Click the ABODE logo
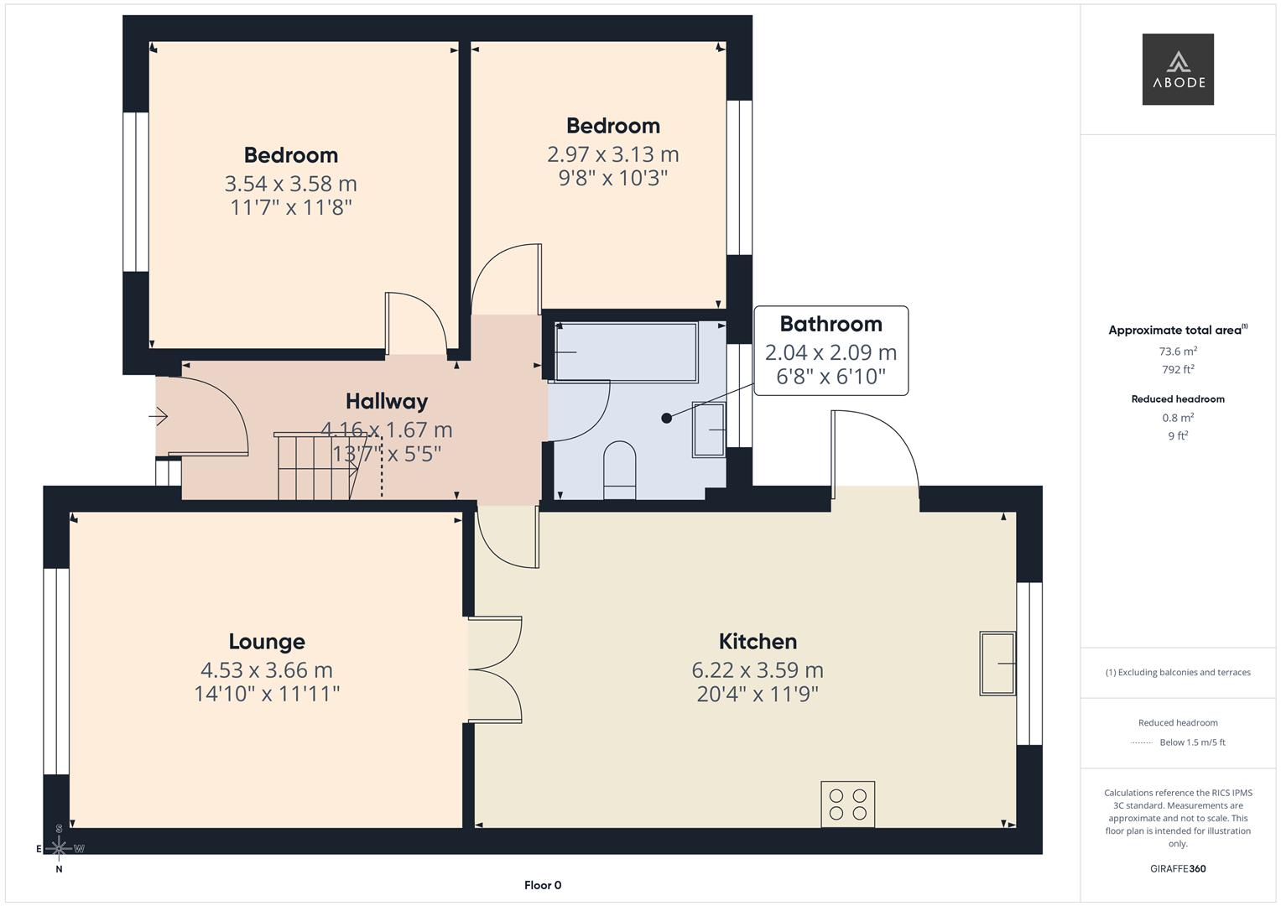(1177, 70)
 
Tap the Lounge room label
(267, 642)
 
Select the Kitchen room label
(758, 642)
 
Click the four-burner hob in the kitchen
(847, 804)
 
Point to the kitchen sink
(997, 663)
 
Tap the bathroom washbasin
(709, 430)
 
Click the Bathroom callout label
(831, 325)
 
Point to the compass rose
(59, 849)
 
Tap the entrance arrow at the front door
(159, 416)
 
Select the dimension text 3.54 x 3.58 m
(290, 184)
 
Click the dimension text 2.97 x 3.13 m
(612, 154)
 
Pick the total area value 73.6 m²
(1178, 351)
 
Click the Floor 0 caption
(542, 885)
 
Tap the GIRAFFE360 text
(1177, 868)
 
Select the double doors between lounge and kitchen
(495, 669)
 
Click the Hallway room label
(387, 402)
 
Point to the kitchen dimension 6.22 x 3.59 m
(758, 670)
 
